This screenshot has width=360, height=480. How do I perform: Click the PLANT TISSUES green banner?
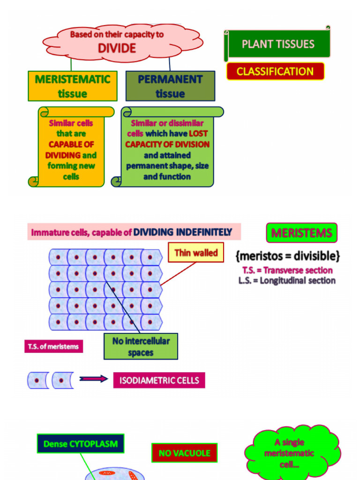coord(278,45)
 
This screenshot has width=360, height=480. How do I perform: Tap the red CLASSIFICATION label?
coord(275,72)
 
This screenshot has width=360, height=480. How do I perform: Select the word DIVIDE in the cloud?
coord(117,48)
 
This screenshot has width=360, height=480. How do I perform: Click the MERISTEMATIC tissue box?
coord(72,86)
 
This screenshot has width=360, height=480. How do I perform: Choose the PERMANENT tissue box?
coord(170,86)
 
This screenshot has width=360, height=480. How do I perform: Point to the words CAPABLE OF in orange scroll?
coord(71,144)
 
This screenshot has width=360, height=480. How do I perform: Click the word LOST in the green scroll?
coord(198,134)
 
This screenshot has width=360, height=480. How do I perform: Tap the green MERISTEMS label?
coord(301,233)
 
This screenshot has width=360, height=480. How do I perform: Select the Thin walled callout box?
coord(196,253)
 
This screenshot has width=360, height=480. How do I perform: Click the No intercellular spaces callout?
coord(141,346)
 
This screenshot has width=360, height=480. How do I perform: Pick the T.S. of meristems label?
coord(53,347)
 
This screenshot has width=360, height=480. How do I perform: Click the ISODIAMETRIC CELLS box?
coord(159,380)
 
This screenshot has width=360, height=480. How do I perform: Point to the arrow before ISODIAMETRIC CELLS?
coord(93,379)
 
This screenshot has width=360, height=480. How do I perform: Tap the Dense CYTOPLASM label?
coord(80,443)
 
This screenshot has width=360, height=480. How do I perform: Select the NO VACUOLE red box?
coord(184,453)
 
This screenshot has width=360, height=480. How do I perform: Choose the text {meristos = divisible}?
coord(288,256)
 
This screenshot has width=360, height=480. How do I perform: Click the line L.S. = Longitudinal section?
coord(287,281)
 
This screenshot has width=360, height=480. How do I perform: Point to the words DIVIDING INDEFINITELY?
coord(183,232)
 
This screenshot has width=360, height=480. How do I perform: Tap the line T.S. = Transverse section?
coord(287,270)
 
